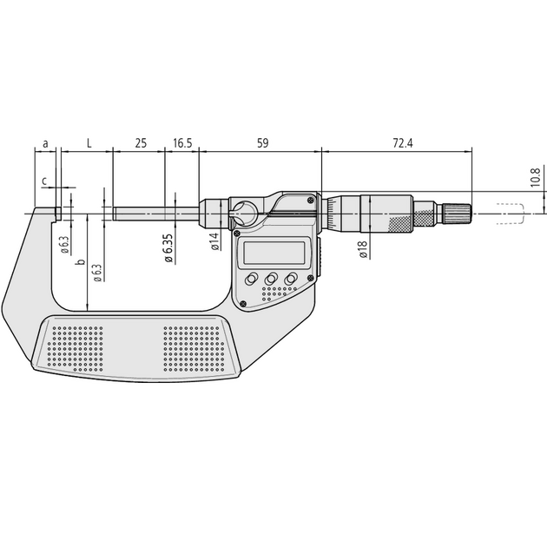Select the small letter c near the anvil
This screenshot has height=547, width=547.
click(45, 180)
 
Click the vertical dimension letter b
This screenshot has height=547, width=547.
click(80, 261)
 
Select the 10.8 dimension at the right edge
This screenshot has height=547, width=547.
click(535, 177)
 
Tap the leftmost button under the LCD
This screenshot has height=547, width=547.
click(251, 279)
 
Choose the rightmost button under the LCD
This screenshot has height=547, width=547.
click(291, 279)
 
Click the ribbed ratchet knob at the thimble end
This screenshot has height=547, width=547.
click(458, 213)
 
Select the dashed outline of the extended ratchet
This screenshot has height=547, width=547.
click(511, 213)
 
